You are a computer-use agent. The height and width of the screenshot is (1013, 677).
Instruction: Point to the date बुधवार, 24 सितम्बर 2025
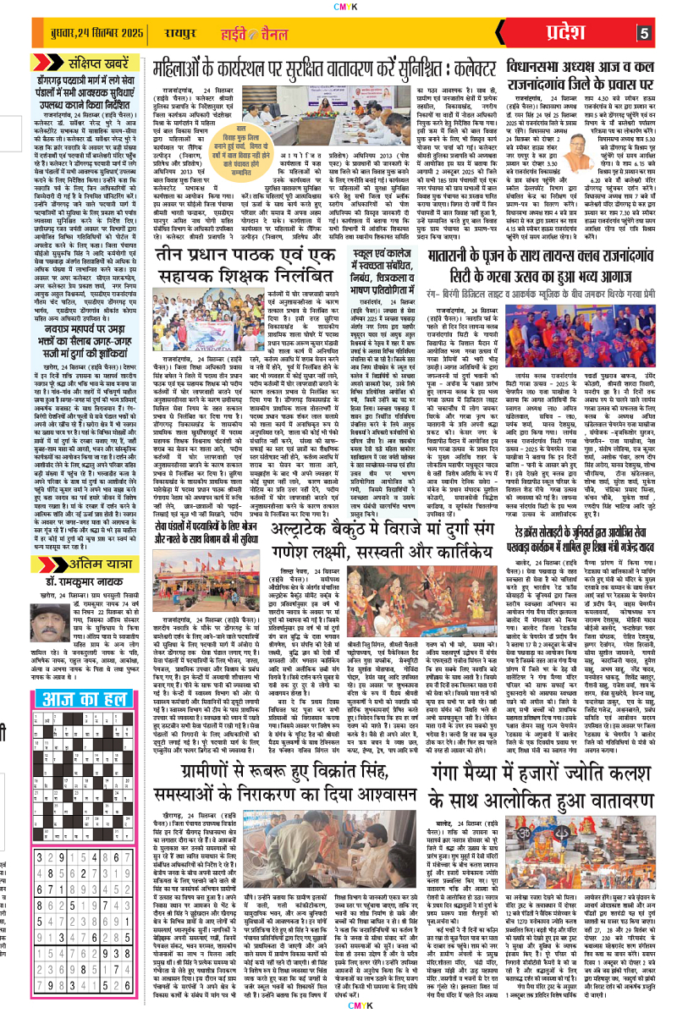[84, 34]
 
